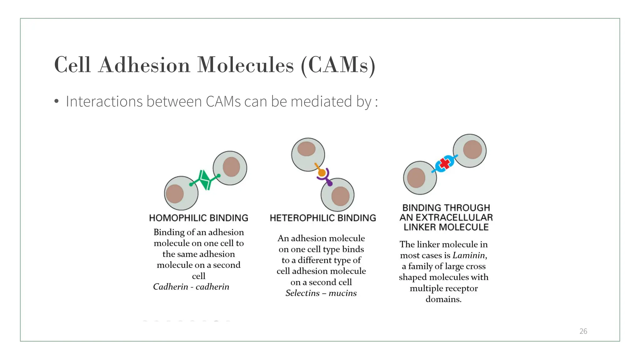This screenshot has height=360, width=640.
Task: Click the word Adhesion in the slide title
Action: pyautogui.click(x=144, y=65)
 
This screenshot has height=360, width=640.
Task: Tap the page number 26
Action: pyautogui.click(x=583, y=331)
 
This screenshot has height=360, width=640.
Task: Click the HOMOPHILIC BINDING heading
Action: pyautogui.click(x=198, y=218)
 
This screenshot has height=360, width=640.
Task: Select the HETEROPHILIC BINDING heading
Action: pyautogui.click(x=323, y=218)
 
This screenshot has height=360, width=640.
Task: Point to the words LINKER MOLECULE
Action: pyautogui.click(x=446, y=227)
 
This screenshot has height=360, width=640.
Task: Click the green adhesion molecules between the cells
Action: pyautogui.click(x=205, y=180)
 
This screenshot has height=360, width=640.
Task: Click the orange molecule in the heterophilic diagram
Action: pyautogui.click(x=322, y=172)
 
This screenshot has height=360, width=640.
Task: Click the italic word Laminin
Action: pyautogui.click(x=469, y=255)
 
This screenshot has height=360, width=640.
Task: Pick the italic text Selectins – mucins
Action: pyautogui.click(x=321, y=293)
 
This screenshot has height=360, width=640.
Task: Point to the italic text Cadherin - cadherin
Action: pyautogui.click(x=191, y=287)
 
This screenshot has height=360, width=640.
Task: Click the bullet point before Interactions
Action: pyautogui.click(x=56, y=102)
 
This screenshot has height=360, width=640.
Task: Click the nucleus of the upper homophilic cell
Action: pyautogui.click(x=231, y=167)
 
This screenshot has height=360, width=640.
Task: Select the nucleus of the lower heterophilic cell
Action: pyautogui.click(x=340, y=196)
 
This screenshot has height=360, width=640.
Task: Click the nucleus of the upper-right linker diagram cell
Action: pyautogui.click(x=472, y=150)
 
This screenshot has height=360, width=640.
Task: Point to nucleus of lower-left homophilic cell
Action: pyautogui.click(x=175, y=194)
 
